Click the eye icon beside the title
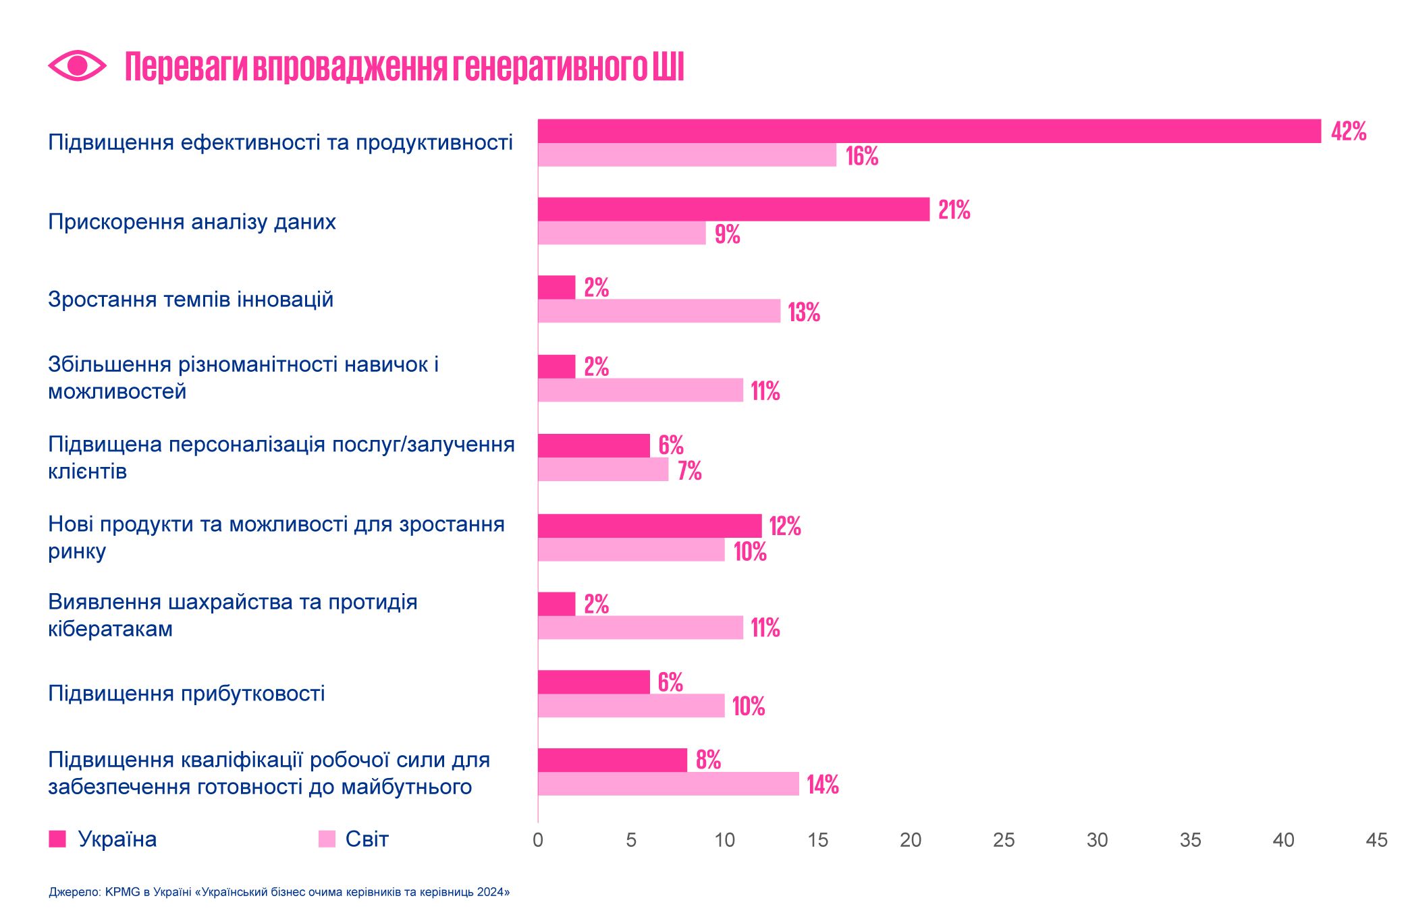click(77, 65)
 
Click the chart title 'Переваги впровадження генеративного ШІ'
click(404, 67)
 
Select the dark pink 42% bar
click(929, 131)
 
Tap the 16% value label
click(862, 156)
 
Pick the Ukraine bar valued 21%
click(733, 209)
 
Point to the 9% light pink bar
click(622, 233)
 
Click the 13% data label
click(804, 312)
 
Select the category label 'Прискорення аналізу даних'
click(192, 222)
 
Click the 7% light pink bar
click(603, 470)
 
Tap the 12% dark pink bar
click(649, 526)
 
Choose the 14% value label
click(823, 784)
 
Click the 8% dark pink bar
click(612, 760)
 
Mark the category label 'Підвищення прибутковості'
click(186, 694)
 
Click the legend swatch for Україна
click(57, 839)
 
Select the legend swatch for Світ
click(327, 839)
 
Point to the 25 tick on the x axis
click(1004, 840)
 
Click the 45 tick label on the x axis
click(1376, 840)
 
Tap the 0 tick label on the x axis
click(538, 840)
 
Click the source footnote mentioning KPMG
click(279, 892)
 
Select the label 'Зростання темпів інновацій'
click(190, 300)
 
